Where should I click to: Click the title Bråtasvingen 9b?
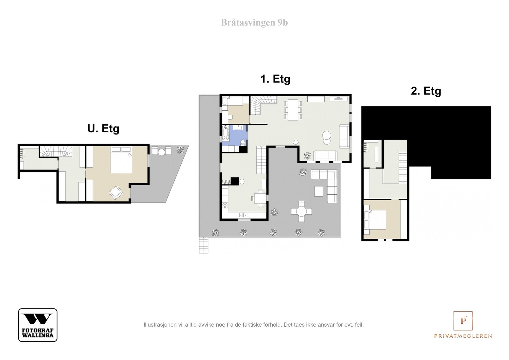[x=254, y=23]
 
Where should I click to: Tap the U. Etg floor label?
[x=103, y=128]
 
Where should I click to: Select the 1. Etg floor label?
[x=275, y=79]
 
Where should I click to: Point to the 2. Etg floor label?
[x=426, y=91]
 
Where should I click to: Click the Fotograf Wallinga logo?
[x=38, y=325]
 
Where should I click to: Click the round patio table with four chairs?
[x=302, y=211]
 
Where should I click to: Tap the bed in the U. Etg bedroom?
[x=121, y=160]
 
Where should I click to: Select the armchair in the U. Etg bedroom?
[x=116, y=192]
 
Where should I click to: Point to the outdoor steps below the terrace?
[x=204, y=245]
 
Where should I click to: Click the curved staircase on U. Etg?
[x=56, y=151]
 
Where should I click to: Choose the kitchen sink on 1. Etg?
[x=243, y=215]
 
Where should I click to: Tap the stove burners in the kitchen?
[x=225, y=206]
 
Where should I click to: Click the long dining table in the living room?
[x=293, y=110]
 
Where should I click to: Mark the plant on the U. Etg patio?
[x=181, y=150]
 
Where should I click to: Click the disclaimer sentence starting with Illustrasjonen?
[x=254, y=325]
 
